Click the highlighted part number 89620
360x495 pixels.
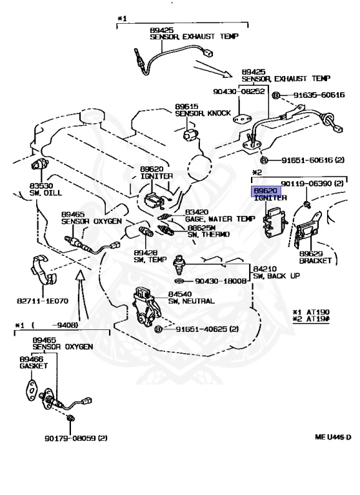[x=266, y=191]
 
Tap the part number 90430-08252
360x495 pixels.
[x=239, y=92]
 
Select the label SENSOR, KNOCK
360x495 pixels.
[x=203, y=113]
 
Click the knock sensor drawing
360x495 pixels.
[x=190, y=136]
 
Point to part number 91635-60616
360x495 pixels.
[x=319, y=95]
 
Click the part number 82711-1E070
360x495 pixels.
[x=43, y=301]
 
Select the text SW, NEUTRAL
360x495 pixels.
[x=191, y=301]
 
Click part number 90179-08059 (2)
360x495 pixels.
[x=76, y=438]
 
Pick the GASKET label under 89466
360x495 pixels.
[x=34, y=366]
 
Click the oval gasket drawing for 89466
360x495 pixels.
[x=32, y=391]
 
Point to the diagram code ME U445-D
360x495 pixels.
[x=333, y=437]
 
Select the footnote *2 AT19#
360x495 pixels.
[x=311, y=319]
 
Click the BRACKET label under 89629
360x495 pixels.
[x=315, y=261]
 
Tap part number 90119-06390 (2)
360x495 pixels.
[x=312, y=184]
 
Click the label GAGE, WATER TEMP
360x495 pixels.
[x=220, y=218]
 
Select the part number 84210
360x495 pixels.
[x=265, y=269]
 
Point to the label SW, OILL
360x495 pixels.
[x=46, y=193]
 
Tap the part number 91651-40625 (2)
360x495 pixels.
[x=207, y=329]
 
